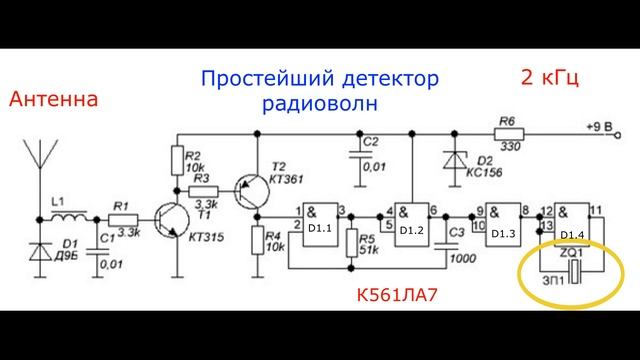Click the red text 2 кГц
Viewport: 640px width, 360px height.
pyautogui.click(x=550, y=76)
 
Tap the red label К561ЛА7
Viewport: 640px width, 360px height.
pyautogui.click(x=397, y=297)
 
